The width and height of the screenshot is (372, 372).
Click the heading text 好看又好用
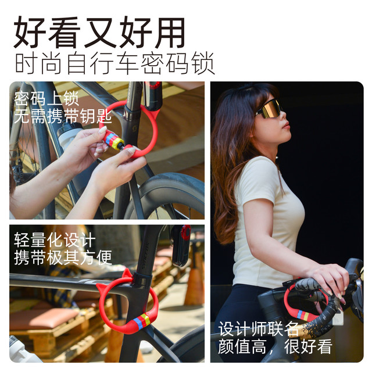pyautogui.click(x=99, y=32)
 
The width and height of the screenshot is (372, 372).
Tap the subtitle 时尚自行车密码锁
pyautogui.click(x=115, y=63)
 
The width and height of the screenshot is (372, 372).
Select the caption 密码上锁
pyautogui.click(x=46, y=98)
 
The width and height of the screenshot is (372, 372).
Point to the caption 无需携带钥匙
pyautogui.click(x=63, y=116)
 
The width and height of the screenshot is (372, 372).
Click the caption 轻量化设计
pyautogui.click(x=55, y=240)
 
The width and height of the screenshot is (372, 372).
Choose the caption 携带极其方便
pyautogui.click(x=63, y=257)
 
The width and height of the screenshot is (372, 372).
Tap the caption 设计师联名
pyautogui.click(x=258, y=329)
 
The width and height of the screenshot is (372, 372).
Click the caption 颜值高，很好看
pyautogui.click(x=275, y=346)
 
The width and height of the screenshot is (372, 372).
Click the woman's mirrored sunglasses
pyautogui.click(x=269, y=109)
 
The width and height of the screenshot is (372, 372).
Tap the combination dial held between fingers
pyautogui.click(x=113, y=140)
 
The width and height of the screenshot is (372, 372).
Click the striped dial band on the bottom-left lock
pyautogui.click(x=141, y=321)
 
